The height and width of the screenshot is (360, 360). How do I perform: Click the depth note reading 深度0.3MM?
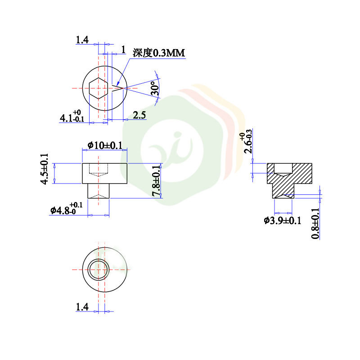(x=158, y=53)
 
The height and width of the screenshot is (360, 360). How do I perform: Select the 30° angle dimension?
(x=154, y=88)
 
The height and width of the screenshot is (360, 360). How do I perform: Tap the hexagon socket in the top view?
(x=98, y=88)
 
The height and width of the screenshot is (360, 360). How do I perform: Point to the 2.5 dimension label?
(x=139, y=116)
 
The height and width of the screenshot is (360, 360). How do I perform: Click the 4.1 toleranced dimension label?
(x=71, y=117)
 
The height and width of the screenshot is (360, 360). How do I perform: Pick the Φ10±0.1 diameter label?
(x=105, y=145)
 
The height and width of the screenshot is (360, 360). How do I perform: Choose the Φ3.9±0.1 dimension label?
(x=282, y=220)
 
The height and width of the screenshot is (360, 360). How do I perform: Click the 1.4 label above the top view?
(x=82, y=40)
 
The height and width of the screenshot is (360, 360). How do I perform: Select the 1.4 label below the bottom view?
(x=82, y=307)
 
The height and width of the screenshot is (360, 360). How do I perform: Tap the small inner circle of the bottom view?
(x=98, y=270)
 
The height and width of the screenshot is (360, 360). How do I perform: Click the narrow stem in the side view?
(x=99, y=191)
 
